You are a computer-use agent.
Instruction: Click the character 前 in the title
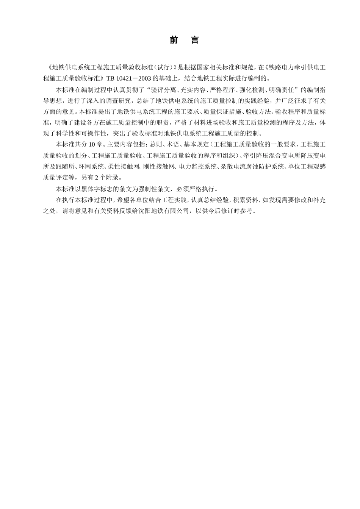click(x=174, y=40)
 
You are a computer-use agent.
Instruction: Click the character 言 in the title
click(x=195, y=40)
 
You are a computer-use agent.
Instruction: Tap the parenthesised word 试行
click(x=164, y=68)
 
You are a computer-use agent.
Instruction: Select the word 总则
click(x=156, y=144)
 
